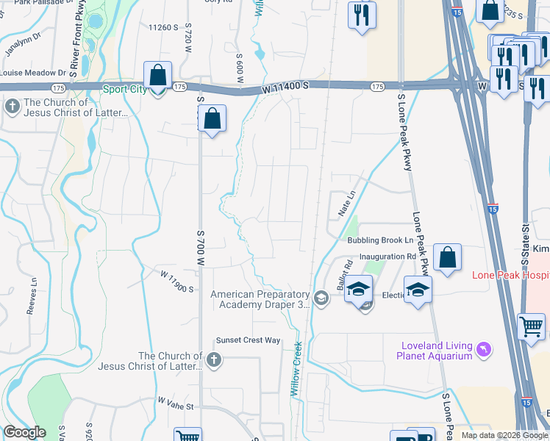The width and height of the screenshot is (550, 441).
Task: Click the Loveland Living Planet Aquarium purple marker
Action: click(x=483, y=348)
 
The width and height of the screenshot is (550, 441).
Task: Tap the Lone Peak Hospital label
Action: click(x=510, y=274)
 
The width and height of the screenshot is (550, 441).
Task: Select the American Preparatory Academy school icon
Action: click(x=321, y=298)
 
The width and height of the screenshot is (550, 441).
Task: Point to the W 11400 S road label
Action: click(x=282, y=87)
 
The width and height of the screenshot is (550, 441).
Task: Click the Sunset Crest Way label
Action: click(x=248, y=340)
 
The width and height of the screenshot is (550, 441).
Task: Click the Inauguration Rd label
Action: click(x=387, y=257)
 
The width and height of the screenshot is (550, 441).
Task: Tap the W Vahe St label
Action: click(x=174, y=405)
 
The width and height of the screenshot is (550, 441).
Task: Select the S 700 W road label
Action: click(x=201, y=243)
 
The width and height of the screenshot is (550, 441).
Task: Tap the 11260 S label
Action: click(x=163, y=28)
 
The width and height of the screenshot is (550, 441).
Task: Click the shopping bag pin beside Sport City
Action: click(x=157, y=76)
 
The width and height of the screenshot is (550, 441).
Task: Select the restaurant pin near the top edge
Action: click(x=361, y=17)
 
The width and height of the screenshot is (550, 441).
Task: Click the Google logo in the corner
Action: click(x=24, y=432)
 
